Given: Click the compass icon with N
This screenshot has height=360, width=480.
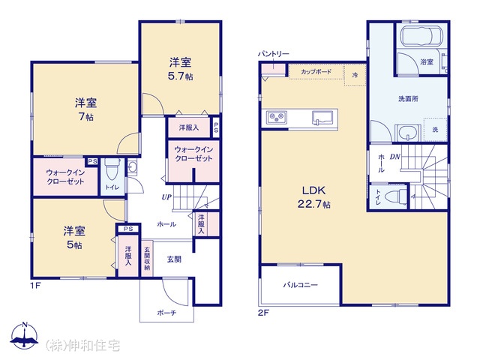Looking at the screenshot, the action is click(x=25, y=335).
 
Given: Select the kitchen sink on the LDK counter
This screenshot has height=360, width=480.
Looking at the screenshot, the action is click(x=322, y=118).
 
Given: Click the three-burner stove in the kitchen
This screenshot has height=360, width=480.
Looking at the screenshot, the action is click(x=277, y=118).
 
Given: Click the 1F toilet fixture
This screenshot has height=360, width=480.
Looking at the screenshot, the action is click(x=110, y=169).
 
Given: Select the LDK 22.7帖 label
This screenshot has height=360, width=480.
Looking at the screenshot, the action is click(x=313, y=197).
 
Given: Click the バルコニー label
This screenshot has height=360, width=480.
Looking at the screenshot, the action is click(x=300, y=285).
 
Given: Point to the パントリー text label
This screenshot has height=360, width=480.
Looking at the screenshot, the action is click(x=273, y=54).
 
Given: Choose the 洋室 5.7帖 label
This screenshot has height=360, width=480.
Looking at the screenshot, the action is click(x=180, y=69).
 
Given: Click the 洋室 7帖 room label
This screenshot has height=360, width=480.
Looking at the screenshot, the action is click(x=85, y=110).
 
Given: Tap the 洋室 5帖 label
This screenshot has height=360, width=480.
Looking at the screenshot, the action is click(x=74, y=238).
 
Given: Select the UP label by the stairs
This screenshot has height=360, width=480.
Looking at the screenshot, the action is click(x=166, y=197).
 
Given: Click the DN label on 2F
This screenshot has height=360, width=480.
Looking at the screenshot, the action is click(x=395, y=157).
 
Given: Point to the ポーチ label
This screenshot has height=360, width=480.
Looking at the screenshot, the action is click(x=166, y=313).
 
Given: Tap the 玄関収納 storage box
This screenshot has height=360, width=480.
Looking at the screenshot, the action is click(x=147, y=259).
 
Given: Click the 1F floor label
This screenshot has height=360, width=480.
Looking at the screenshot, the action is click(x=35, y=286).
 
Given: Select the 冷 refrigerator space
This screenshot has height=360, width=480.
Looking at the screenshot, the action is click(x=355, y=75).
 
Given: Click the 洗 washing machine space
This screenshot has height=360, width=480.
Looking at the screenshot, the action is click(x=435, y=130).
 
